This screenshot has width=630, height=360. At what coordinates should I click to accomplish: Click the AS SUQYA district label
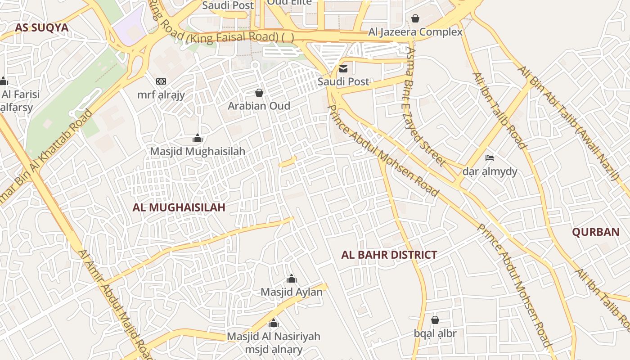coord(41,28)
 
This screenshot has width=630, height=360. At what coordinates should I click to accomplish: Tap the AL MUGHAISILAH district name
coord(179,207)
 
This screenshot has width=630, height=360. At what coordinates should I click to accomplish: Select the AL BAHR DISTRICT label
coord(389,255)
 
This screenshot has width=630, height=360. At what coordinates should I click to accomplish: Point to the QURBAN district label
coord(595,232)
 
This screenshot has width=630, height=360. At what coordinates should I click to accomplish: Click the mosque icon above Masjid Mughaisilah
coord(197,139)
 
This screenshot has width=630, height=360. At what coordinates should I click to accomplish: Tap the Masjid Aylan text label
coord(292,292)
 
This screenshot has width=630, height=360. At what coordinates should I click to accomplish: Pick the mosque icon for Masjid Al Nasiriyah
coord(273,324)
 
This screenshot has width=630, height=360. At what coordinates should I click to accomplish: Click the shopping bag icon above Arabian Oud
coord(259,93)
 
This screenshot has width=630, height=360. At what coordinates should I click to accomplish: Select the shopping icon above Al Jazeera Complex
coord(415,19)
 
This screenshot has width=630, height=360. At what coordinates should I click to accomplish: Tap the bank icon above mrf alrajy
coord(161,81)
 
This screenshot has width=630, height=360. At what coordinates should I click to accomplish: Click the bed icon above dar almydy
coord(490,158)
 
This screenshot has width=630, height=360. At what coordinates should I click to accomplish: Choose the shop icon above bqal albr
coord(435,320)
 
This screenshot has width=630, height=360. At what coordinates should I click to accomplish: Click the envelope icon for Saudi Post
coord(343,69)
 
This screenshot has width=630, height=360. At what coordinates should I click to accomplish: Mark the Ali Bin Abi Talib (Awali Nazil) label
coord(569,123)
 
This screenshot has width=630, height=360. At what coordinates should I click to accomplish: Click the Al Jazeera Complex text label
coord(415,32)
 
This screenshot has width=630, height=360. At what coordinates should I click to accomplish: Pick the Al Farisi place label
coord(21,94)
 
